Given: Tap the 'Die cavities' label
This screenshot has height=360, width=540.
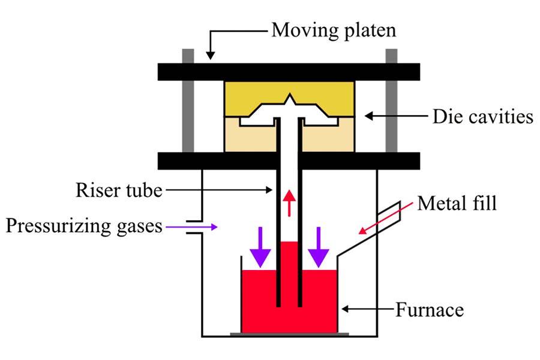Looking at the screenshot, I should pos(482,116).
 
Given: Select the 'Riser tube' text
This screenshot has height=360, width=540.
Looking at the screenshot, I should pos(119,191).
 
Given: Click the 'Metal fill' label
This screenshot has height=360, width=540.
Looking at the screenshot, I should pos(457,203).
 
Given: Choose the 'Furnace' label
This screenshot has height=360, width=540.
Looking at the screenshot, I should pos(429,310).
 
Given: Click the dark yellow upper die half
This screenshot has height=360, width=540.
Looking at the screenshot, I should pos(252,96).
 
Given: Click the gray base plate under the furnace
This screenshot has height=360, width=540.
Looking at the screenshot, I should pos(290,333).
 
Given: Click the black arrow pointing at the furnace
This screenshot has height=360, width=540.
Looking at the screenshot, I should pos(366,310).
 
